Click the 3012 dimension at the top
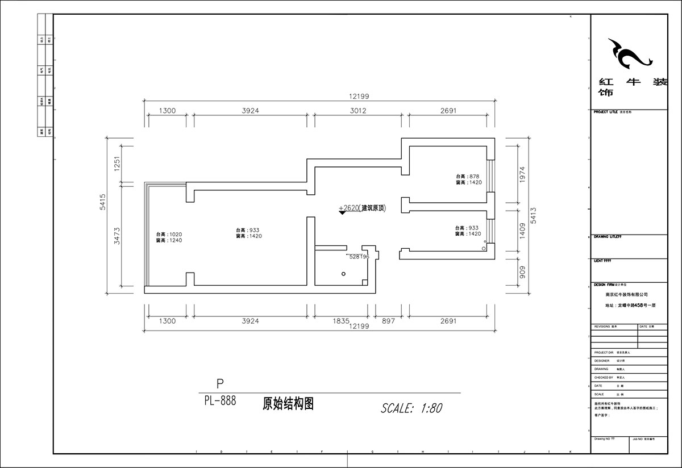click(x=357, y=111)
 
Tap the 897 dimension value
click(x=388, y=321)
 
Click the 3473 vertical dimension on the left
click(x=117, y=236)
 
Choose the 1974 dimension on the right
click(x=523, y=177)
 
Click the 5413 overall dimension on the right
click(x=533, y=214)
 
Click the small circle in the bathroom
click(x=343, y=274)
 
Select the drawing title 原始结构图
click(x=288, y=404)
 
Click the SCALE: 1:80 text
click(x=411, y=408)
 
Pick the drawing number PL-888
click(x=220, y=400)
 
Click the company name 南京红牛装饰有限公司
click(x=627, y=295)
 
